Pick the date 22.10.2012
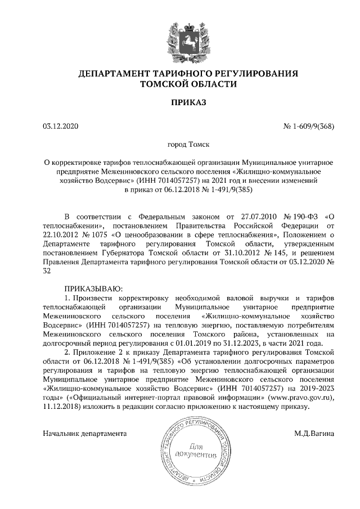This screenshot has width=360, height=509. click(x=61, y=235)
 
